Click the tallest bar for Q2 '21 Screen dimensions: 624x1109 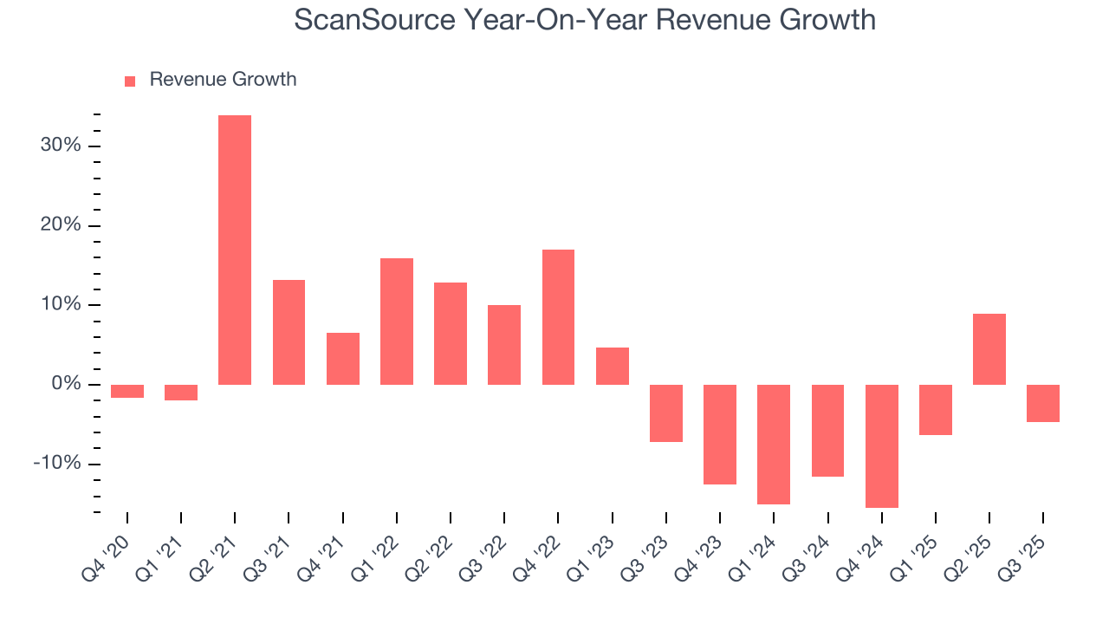235,250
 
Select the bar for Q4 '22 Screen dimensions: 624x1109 558,317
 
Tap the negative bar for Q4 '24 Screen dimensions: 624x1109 881,445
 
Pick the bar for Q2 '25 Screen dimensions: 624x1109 989,349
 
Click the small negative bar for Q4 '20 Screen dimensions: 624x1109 127,391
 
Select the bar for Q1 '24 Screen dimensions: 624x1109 774,444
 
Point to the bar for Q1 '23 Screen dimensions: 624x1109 612,366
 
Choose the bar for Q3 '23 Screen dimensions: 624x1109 666,413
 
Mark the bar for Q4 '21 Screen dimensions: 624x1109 343,359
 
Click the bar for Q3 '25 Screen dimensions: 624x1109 1042,403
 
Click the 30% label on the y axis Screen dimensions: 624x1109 61,146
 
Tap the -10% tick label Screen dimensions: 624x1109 57,464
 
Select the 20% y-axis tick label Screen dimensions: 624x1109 61,225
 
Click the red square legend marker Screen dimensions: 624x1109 130,81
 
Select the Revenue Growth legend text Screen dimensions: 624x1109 223,80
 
